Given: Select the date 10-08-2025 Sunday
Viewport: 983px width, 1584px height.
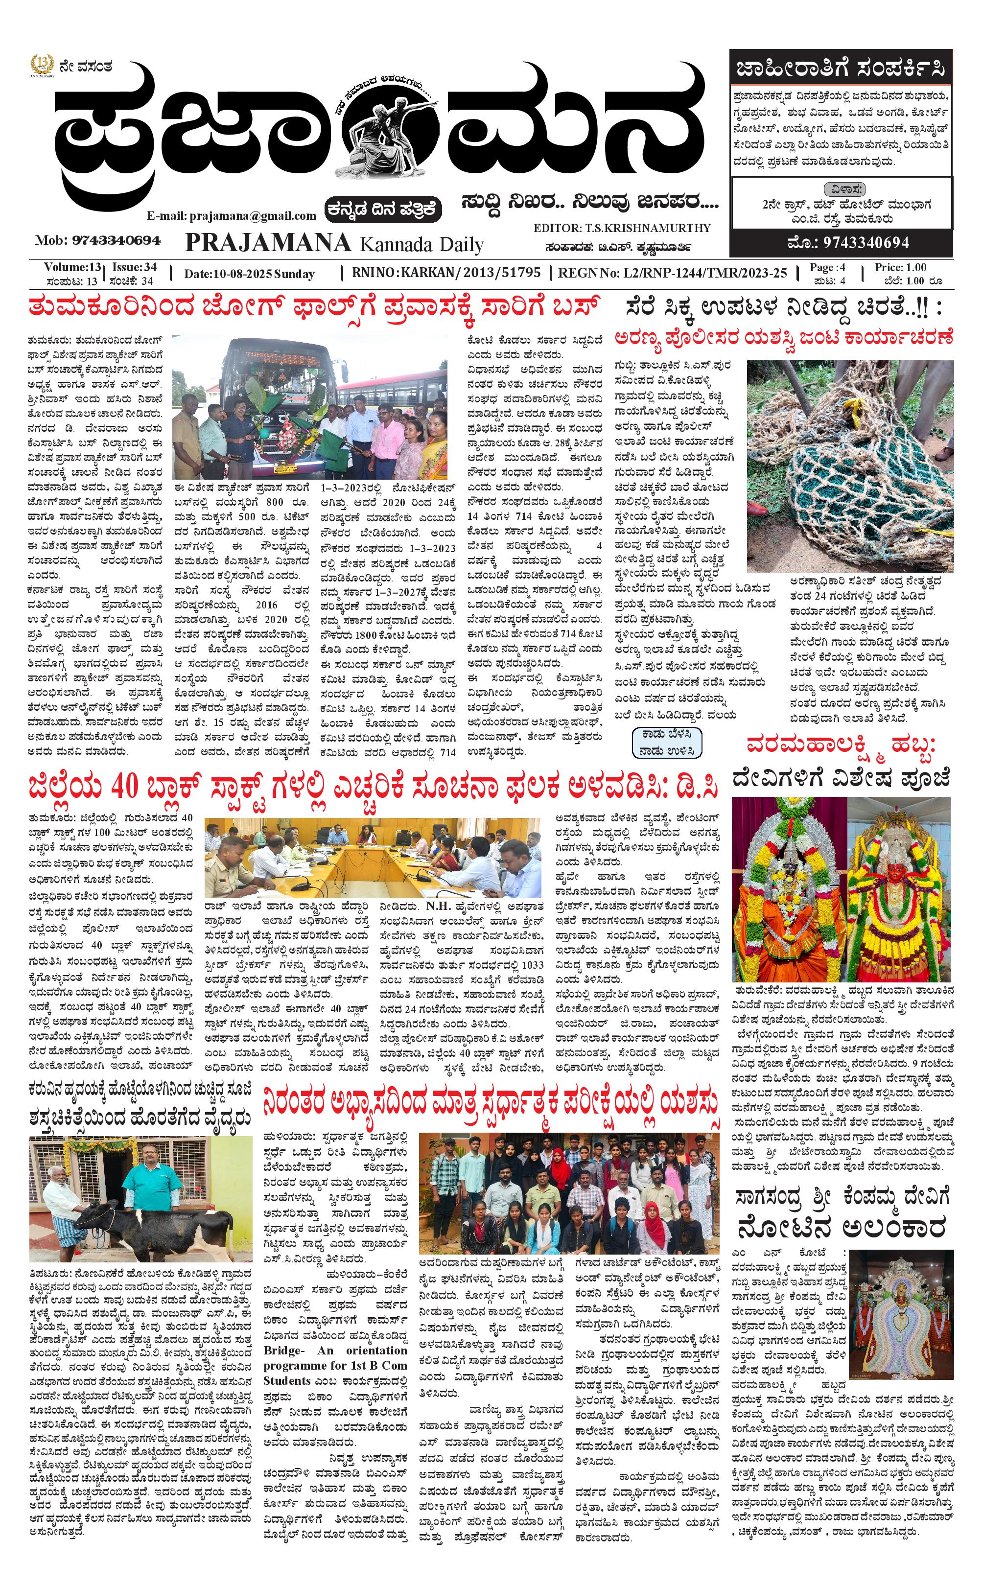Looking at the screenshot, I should pos(250,274).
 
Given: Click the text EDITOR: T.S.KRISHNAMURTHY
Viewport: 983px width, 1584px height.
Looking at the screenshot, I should pos(622,228).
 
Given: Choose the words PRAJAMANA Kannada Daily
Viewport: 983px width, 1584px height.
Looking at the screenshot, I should pos(334,243).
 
